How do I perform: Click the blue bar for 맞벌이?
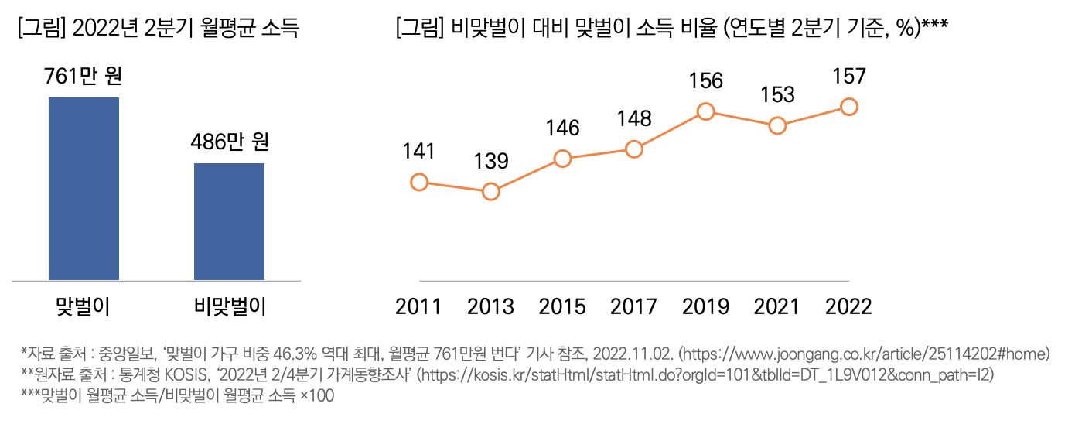coord(84,188)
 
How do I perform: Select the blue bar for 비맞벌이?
coord(229,221)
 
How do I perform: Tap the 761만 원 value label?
coord(84,77)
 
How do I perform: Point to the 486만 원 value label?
coord(230,143)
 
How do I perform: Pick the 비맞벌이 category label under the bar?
coord(230,306)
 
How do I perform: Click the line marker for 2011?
coord(419,183)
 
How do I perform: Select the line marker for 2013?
coord(490,191)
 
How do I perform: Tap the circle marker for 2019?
coord(705,111)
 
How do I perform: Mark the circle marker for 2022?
coord(848,107)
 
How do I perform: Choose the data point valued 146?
coord(562,159)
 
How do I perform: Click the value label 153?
coord(777,94)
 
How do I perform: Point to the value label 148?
coord(634,118)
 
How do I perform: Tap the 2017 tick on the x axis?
coord(634,306)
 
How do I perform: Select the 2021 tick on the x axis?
coord(777,306)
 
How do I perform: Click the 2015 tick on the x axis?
coord(562,306)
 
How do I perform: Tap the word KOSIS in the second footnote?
coord(188,375)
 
